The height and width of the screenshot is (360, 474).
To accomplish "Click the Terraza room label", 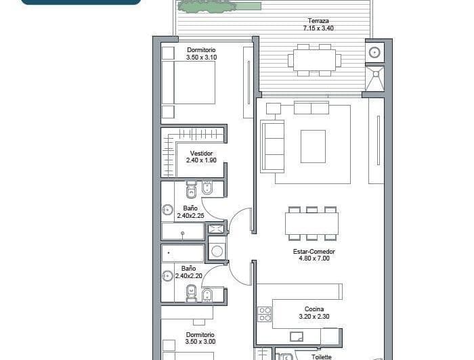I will click(318, 24).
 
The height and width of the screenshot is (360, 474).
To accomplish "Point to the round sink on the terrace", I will click(374, 51).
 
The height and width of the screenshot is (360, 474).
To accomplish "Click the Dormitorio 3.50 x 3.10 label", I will click(201, 53).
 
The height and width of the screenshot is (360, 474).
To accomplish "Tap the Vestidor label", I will click(201, 157).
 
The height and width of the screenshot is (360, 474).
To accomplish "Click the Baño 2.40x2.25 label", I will click(190, 212).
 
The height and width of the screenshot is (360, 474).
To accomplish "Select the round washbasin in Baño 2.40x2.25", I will click(168, 210).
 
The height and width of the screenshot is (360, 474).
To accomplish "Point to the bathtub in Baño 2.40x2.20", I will click(183, 253).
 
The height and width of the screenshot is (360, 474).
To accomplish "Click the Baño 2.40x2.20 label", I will click(188, 272).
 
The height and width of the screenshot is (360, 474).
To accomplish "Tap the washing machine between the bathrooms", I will click(217, 251).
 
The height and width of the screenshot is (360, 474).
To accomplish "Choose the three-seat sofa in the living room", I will click(273, 146).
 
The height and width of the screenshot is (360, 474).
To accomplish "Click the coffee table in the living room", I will click(313, 146).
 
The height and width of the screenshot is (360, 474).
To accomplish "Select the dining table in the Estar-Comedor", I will click(311, 224).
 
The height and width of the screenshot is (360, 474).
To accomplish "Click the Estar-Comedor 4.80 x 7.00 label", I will click(314, 255).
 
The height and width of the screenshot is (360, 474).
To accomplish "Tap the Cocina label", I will click(314, 313).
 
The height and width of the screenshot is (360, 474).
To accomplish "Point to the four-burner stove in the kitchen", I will click(265, 314).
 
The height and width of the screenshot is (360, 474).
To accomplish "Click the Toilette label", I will click(321, 356).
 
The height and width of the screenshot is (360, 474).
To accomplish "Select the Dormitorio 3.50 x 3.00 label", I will click(200, 338).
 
